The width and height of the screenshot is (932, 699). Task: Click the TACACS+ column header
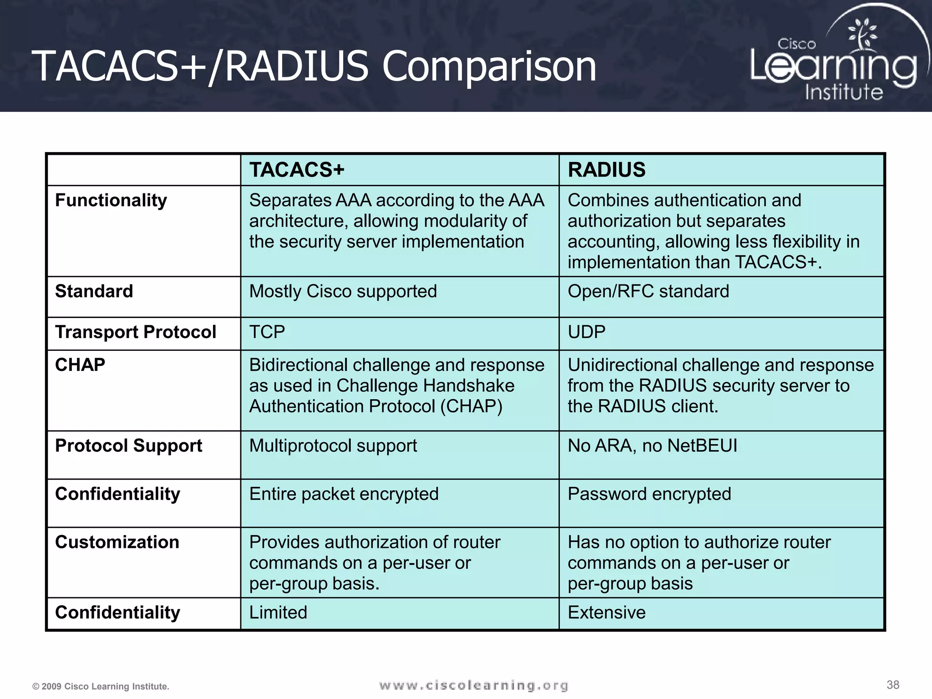click(x=297, y=170)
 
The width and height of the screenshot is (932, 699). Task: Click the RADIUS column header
click(x=606, y=170)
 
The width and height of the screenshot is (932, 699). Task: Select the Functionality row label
click(x=111, y=201)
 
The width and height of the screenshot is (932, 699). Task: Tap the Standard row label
click(x=94, y=291)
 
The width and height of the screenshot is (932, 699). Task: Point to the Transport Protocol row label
click(x=135, y=332)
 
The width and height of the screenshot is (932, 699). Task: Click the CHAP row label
click(x=80, y=365)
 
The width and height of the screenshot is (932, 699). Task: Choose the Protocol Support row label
click(x=128, y=446)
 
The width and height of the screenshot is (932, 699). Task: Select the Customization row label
click(x=117, y=542)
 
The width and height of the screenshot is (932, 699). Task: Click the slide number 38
click(x=893, y=685)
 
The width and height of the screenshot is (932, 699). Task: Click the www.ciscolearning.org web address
click(x=473, y=685)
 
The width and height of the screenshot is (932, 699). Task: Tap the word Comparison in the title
click(x=489, y=67)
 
